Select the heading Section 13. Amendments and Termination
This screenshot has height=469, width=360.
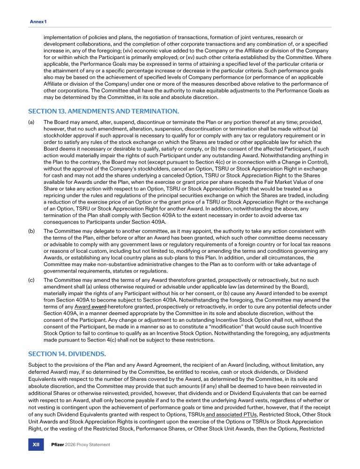[x=103, y=111]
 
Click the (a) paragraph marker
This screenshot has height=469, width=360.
[x=31, y=122]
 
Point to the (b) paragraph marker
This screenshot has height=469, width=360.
[x=31, y=231]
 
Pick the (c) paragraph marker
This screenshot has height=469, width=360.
[x=31, y=280]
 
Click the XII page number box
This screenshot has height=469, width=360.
[x=36, y=445]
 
